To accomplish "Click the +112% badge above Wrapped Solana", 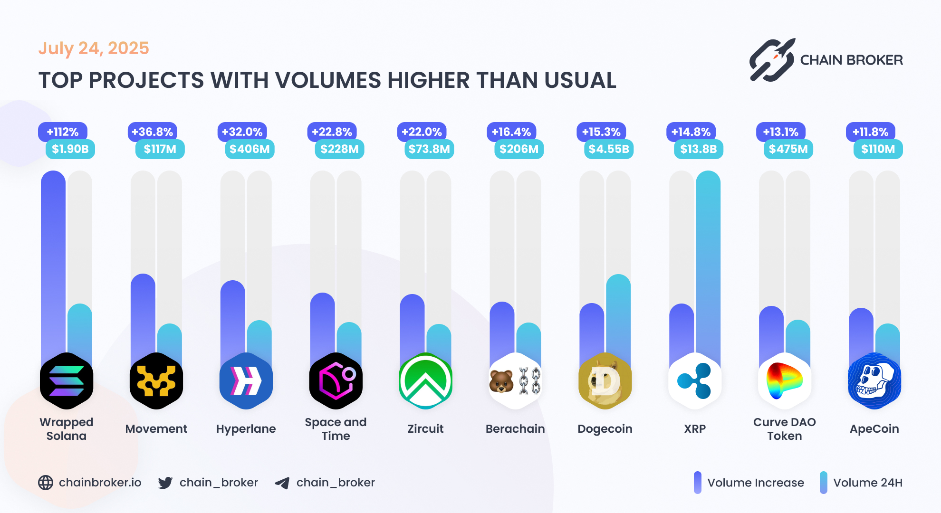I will click(x=63, y=132).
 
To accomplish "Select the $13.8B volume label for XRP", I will click(x=698, y=149).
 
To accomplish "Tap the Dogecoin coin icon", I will click(x=605, y=381).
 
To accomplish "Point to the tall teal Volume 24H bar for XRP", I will click(x=708, y=266).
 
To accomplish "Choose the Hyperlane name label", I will click(x=246, y=429).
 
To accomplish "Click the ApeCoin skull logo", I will click(x=874, y=381).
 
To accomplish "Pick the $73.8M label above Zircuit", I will click(x=429, y=149).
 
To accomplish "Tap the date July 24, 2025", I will click(x=94, y=48).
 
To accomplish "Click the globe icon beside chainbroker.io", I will click(x=46, y=483).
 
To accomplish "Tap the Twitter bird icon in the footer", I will click(x=165, y=483).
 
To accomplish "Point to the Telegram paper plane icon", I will click(x=282, y=483).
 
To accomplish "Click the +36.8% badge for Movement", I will click(x=152, y=132).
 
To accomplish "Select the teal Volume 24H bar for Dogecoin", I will click(x=618, y=318).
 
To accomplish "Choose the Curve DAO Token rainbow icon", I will click(x=784, y=381).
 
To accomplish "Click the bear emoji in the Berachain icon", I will click(x=501, y=381).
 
